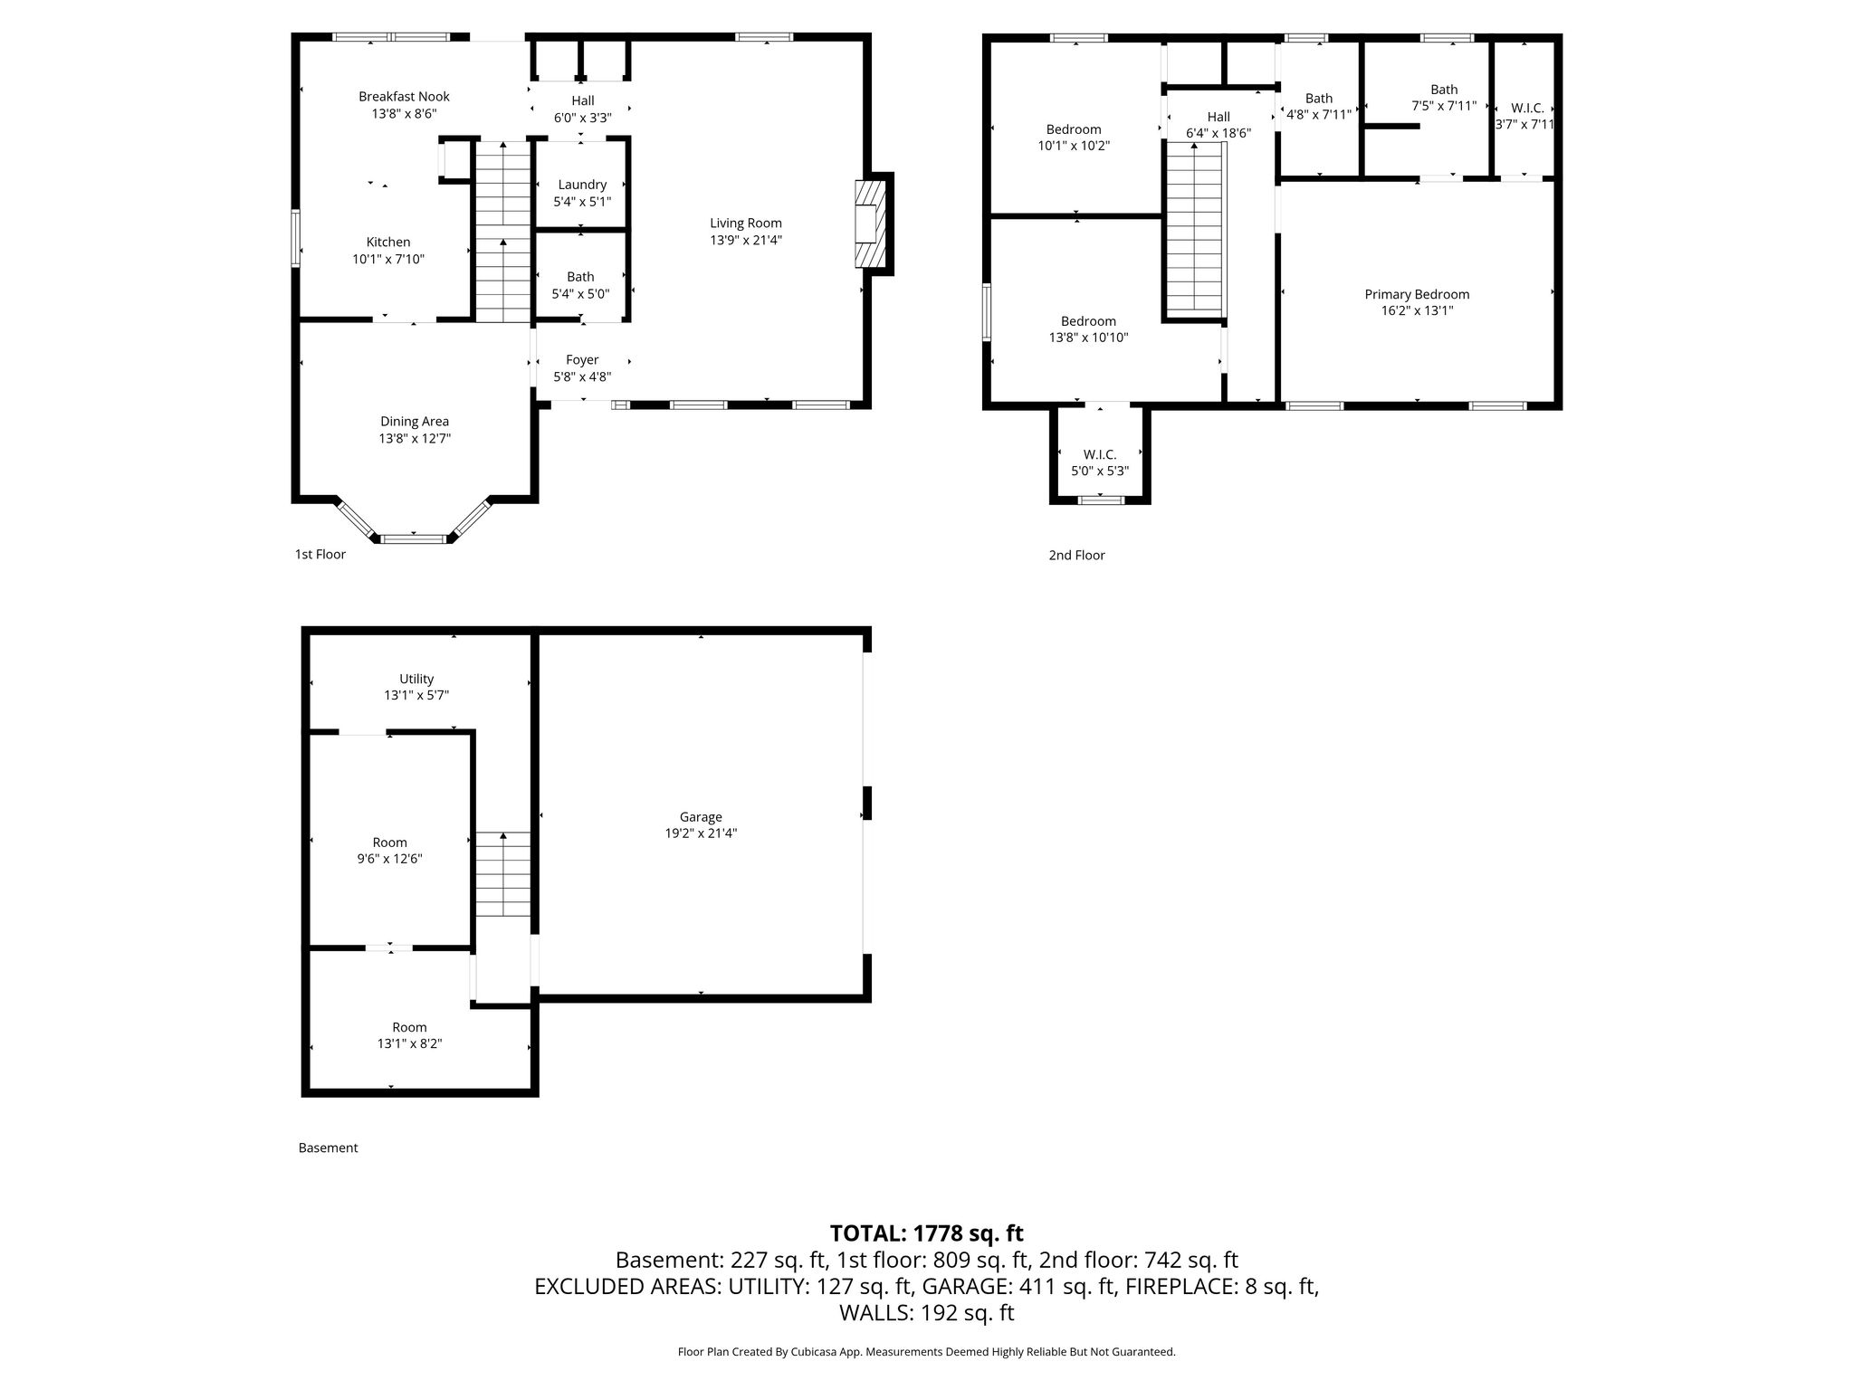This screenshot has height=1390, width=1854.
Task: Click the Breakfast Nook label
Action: pyautogui.click(x=404, y=97)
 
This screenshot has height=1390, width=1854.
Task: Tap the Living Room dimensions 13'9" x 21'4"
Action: pyautogui.click(x=746, y=241)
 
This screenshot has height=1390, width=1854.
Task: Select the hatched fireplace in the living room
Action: pyautogui.click(x=869, y=224)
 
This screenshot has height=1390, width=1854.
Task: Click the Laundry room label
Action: pyautogui.click(x=582, y=185)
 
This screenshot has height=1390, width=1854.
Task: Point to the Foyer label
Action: pyautogui.click(x=582, y=360)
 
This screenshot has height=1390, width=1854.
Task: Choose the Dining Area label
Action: pyautogui.click(x=415, y=422)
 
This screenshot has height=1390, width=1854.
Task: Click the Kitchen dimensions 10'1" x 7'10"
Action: pyautogui.click(x=388, y=260)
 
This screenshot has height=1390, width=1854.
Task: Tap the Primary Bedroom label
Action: pyautogui.click(x=1417, y=294)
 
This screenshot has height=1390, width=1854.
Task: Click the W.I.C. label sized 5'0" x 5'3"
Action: pyautogui.click(x=1100, y=454)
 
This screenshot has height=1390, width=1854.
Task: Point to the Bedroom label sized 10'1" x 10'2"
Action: pyautogui.click(x=1074, y=129)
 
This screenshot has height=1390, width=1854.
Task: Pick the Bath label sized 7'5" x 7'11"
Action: pyautogui.click(x=1444, y=90)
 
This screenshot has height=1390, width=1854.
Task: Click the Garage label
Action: pyautogui.click(x=701, y=817)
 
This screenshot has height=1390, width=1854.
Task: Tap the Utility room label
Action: pyautogui.click(x=416, y=679)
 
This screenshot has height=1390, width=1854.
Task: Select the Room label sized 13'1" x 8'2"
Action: pyautogui.click(x=409, y=1027)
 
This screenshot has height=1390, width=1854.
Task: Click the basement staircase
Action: pyautogui.click(x=503, y=874)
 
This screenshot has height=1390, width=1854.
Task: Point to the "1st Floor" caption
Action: pyautogui.click(x=320, y=554)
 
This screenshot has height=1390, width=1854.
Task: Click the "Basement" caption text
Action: pyautogui.click(x=328, y=1147)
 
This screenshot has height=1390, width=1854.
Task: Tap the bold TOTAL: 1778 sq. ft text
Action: pyautogui.click(x=927, y=1233)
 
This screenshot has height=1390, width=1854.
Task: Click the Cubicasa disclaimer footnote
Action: pyautogui.click(x=927, y=1352)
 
